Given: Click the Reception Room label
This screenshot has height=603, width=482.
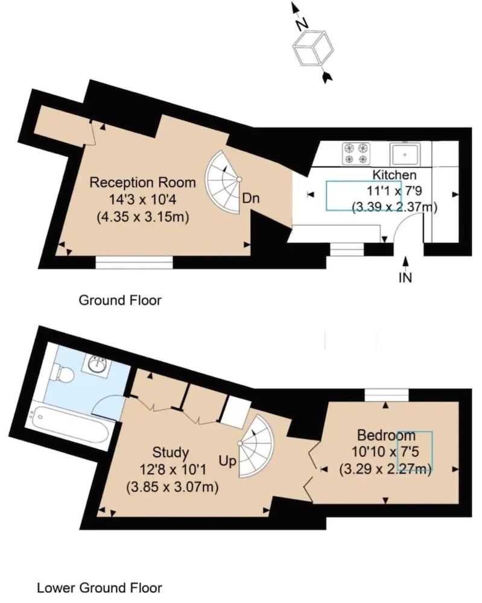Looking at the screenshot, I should [x=142, y=182].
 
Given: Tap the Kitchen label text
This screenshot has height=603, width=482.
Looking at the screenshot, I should [x=394, y=175].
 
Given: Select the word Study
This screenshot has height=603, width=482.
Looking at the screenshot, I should [x=171, y=452].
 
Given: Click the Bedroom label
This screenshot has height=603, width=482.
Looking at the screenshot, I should [x=386, y=435].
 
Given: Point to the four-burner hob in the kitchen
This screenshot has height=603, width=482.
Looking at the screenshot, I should [x=356, y=153].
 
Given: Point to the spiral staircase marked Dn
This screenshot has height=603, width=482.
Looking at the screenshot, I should [x=224, y=181].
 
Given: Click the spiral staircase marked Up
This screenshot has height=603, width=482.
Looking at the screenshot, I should [x=256, y=446].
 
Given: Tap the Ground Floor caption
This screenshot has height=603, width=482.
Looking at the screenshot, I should [x=120, y=300].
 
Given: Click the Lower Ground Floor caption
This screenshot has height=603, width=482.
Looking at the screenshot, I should [x=100, y=587].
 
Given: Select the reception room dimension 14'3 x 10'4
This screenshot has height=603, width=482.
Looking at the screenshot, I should [x=142, y=199].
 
